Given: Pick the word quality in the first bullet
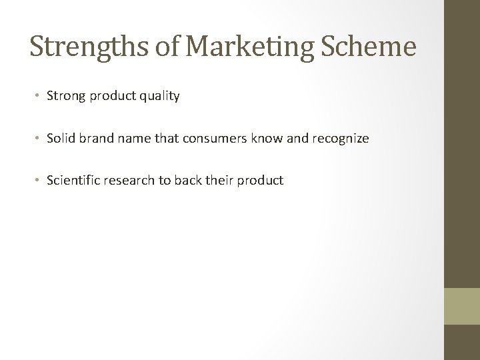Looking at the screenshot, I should (159, 96).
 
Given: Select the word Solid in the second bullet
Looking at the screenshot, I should (61, 138).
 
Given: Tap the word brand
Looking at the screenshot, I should (93, 138).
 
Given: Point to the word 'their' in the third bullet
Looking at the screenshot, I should (213, 180).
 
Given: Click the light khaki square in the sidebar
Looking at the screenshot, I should (462, 306).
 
